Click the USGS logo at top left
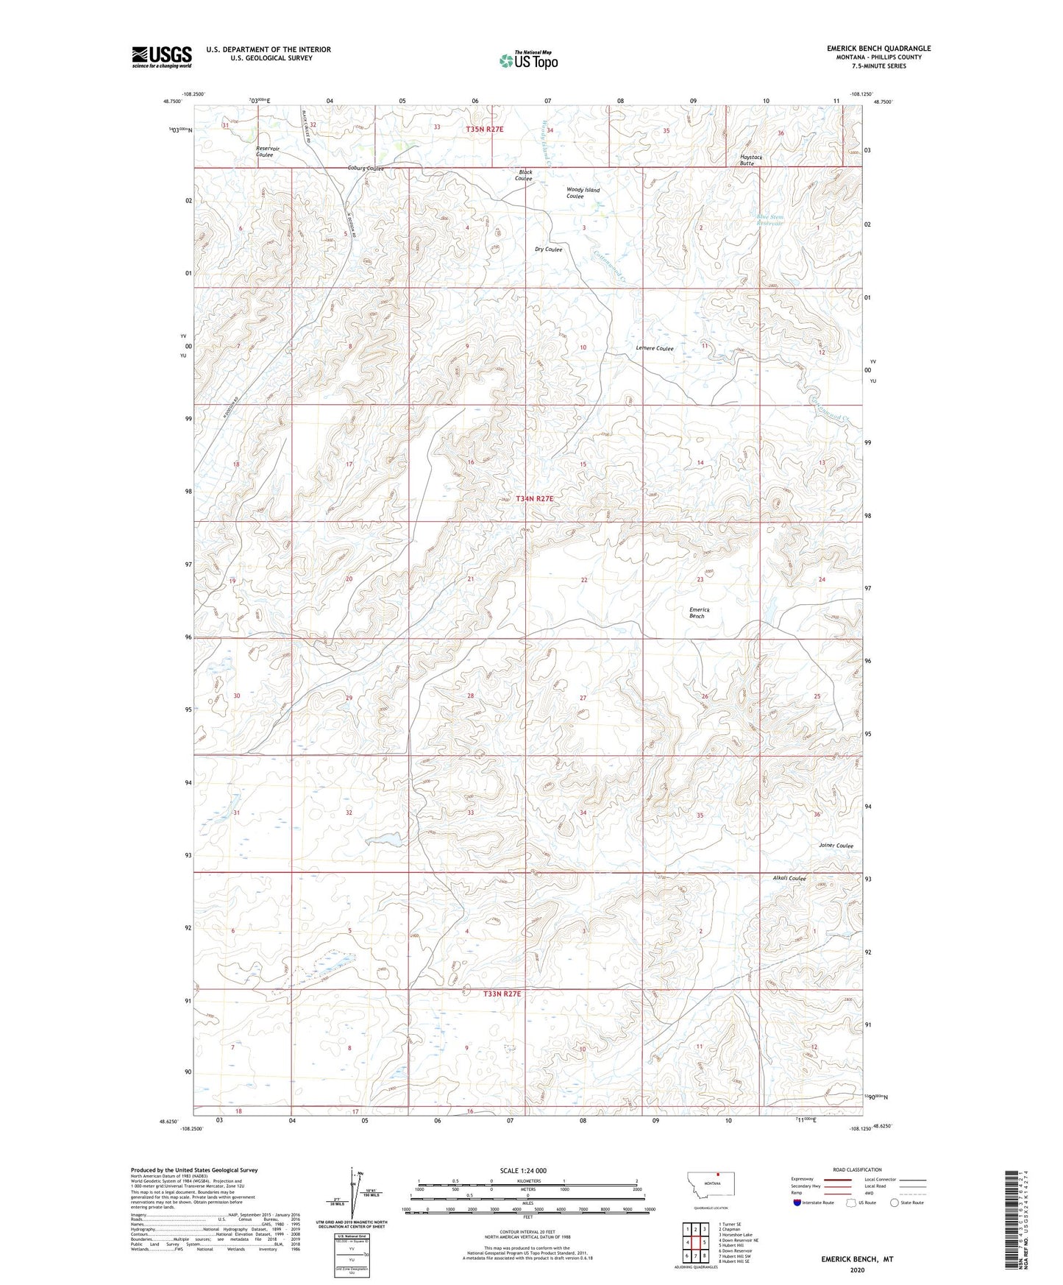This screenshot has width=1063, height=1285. pyautogui.click(x=161, y=57)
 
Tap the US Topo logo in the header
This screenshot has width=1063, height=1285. pyautogui.click(x=528, y=60)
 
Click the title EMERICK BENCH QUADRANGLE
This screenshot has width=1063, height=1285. pyautogui.click(x=878, y=49)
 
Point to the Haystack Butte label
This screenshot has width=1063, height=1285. pyautogui.click(x=750, y=160)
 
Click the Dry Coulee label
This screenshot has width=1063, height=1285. pyautogui.click(x=548, y=249)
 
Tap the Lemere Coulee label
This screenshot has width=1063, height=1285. pyautogui.click(x=654, y=348)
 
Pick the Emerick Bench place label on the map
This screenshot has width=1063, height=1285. pyautogui.click(x=699, y=612)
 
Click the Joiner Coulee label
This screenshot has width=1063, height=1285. pyautogui.click(x=836, y=846)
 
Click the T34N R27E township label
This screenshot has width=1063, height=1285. pyautogui.click(x=534, y=498)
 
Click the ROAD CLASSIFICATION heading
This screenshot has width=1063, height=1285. pyautogui.click(x=857, y=1169)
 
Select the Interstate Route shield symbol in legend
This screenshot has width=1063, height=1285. pyautogui.click(x=797, y=1203)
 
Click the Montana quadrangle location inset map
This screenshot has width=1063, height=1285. pyautogui.click(x=709, y=1184)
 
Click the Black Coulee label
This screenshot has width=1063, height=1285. pyautogui.click(x=524, y=175)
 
